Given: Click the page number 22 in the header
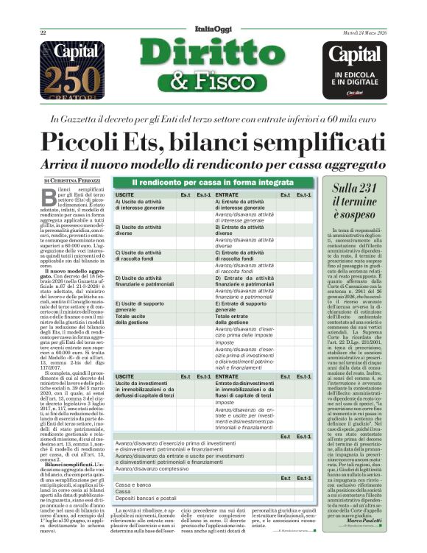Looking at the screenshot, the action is pos(43,32).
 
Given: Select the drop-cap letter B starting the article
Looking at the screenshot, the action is pos(52,194).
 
